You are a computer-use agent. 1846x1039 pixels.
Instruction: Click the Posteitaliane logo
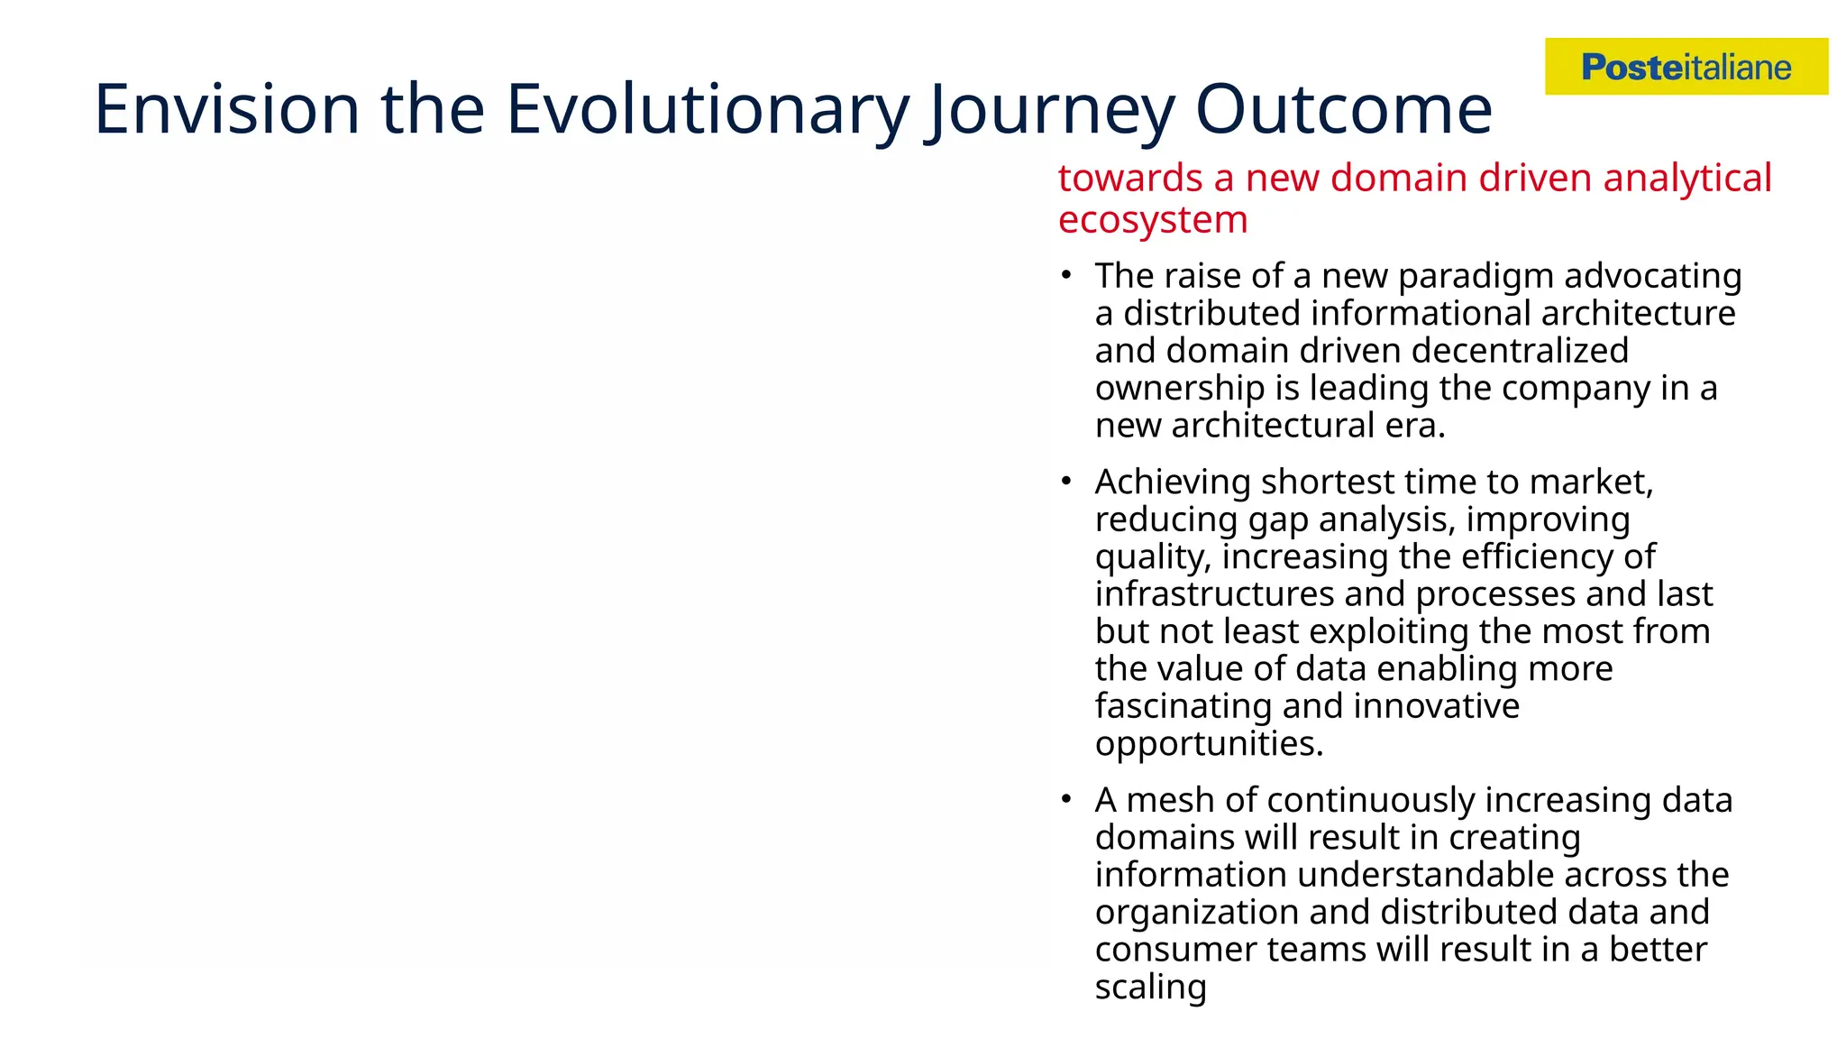click(1686, 67)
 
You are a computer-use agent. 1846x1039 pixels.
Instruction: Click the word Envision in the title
click(226, 109)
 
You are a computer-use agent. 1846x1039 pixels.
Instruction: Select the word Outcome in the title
click(1343, 109)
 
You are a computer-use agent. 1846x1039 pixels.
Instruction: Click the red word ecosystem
click(1153, 220)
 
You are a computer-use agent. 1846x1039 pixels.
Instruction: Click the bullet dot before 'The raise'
click(1066, 274)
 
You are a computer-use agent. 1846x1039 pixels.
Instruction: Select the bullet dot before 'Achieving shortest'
click(1066, 481)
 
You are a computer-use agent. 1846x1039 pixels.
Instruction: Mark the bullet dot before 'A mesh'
click(1066, 799)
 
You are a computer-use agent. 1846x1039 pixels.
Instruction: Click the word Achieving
click(1173, 483)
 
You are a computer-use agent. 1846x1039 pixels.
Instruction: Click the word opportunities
click(1208, 745)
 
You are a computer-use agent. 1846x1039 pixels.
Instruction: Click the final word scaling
click(1150, 988)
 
